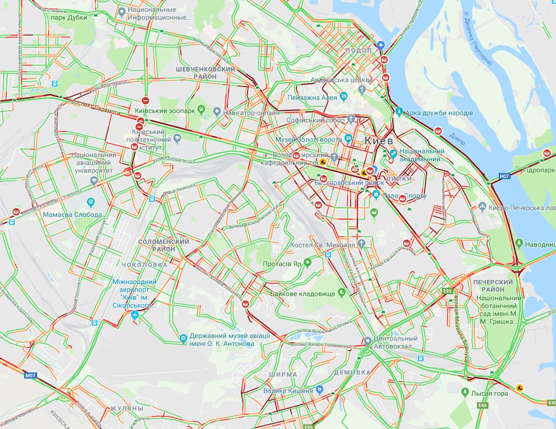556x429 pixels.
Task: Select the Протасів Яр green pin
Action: point(307,263)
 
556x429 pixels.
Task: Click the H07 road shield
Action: point(504,177)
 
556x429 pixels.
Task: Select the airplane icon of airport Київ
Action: point(136,314)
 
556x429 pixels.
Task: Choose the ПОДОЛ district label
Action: point(359,50)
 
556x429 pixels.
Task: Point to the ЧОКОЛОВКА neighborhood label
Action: point(144,265)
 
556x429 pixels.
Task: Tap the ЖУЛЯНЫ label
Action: point(127,408)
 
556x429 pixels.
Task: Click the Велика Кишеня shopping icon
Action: point(319,390)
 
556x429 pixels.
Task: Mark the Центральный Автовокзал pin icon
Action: point(368,341)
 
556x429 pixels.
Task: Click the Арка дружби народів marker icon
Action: point(399,111)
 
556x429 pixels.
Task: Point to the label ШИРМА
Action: point(283,374)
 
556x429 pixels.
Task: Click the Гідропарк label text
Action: point(539,171)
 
